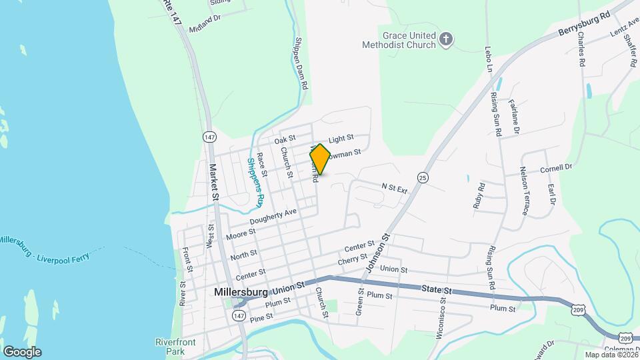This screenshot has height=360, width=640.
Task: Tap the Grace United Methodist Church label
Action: [x=409, y=40]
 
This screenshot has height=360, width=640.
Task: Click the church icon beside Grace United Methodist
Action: [x=447, y=41]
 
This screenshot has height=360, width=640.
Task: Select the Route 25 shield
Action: [x=423, y=177]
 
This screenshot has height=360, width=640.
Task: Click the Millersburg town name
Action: [x=241, y=292]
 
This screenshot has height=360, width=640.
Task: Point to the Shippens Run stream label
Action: [x=256, y=182]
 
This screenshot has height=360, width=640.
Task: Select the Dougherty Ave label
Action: [x=273, y=217]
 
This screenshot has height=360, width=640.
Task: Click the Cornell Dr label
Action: [x=557, y=169]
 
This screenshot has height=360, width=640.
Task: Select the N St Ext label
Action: [x=394, y=189]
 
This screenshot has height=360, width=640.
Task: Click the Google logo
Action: [x=22, y=351]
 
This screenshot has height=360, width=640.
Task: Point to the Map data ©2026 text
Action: [x=610, y=355]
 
